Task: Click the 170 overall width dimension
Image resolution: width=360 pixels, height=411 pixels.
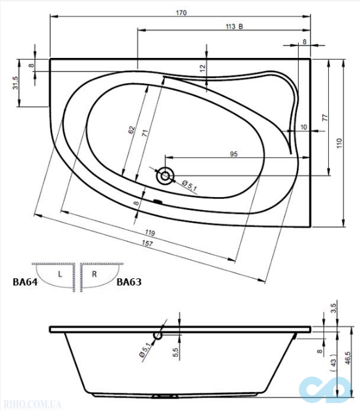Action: tap(181, 13)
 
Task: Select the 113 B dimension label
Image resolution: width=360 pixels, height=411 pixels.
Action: tap(234, 27)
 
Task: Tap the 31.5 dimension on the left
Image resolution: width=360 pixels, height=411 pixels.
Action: tap(16, 83)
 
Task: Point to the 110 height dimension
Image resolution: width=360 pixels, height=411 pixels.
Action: tap(339, 143)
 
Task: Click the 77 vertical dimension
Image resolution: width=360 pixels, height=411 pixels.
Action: tap(325, 117)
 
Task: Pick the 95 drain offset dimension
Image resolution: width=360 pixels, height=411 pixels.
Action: tap(234, 154)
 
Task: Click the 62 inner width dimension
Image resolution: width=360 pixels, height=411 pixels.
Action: tap(132, 130)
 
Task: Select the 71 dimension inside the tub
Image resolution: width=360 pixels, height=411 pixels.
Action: tap(145, 133)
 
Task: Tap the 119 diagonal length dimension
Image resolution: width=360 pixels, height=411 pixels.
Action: tap(150, 233)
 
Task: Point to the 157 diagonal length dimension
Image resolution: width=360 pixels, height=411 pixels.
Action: tap(147, 243)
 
